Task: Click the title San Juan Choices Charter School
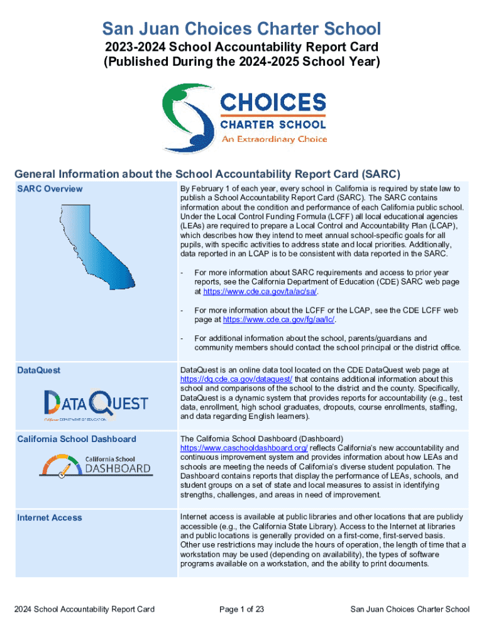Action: (x=242, y=29)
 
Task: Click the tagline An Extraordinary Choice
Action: (x=274, y=139)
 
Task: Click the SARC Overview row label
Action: (x=50, y=189)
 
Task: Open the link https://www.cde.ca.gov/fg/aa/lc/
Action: (x=279, y=320)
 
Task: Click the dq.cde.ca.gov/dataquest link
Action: (x=236, y=379)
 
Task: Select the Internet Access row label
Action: (x=50, y=517)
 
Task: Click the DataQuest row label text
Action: (x=39, y=370)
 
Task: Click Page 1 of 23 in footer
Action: (x=241, y=609)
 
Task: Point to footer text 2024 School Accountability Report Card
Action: (x=85, y=609)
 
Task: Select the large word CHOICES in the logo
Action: (x=273, y=103)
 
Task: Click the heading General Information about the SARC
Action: (x=207, y=174)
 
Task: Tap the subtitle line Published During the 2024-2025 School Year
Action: (x=242, y=62)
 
